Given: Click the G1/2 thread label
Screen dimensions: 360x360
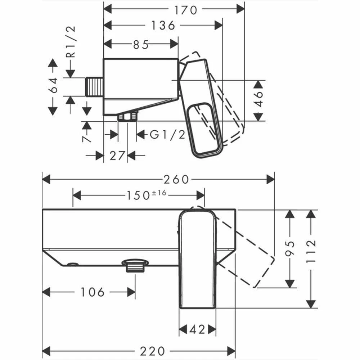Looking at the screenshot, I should click(x=167, y=135).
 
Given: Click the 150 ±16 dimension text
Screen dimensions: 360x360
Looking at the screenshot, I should click(x=146, y=195).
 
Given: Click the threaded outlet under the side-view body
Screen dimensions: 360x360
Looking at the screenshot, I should click(x=128, y=117).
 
